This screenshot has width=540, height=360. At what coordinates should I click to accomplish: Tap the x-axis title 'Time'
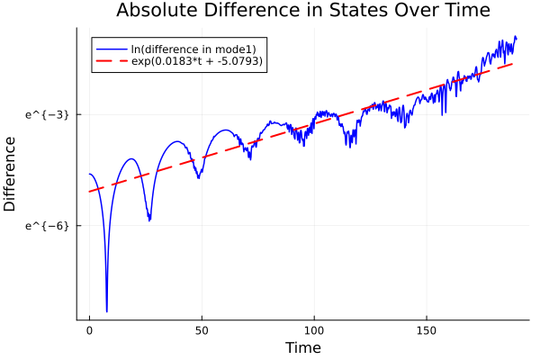pos(302,347)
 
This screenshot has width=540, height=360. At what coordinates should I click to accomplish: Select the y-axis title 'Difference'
pos(11,174)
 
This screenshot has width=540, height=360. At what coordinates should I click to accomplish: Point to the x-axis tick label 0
pos(89,331)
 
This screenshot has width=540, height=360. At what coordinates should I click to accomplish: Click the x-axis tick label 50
pos(202,331)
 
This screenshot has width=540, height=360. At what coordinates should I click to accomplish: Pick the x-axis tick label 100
pos(314,331)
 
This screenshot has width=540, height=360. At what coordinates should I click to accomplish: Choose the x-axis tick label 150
pos(427,331)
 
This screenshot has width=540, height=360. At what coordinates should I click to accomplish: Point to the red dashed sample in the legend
pos(111,61)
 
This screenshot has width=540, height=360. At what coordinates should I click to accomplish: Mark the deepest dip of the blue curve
pos(106,311)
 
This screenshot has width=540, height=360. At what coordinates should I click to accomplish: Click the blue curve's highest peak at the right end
pos(515,37)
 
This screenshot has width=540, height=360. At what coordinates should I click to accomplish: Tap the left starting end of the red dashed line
pos(90,192)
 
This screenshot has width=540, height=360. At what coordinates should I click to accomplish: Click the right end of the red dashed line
pos(513,63)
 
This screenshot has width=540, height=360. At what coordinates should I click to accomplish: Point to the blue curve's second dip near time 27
pos(149,220)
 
